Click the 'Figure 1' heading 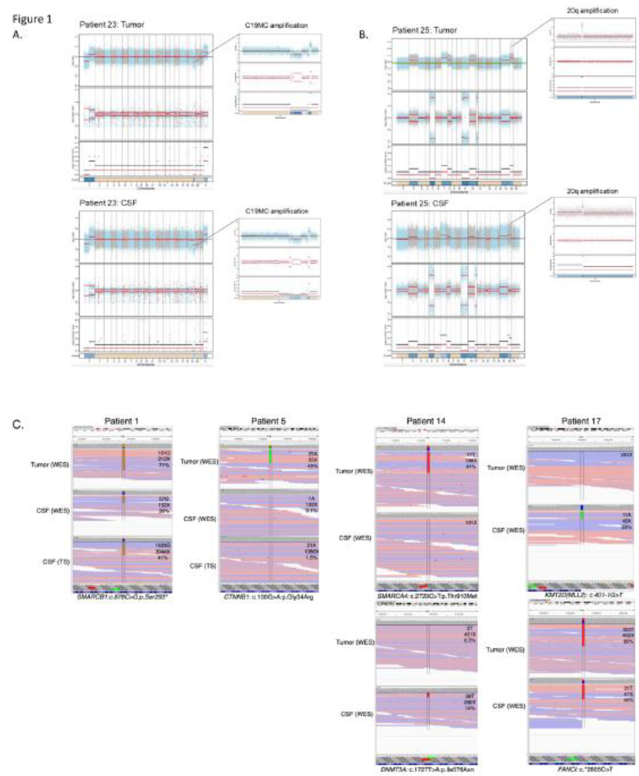pos(32,19)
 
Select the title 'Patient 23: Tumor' pos(111,25)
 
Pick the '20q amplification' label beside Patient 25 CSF pos(592,191)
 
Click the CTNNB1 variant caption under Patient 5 pos(269,597)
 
